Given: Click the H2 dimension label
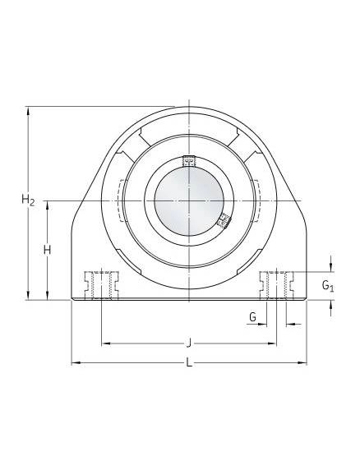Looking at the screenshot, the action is tap(28, 200).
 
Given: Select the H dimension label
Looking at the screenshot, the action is tap(47, 250).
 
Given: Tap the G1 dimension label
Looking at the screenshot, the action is tap(328, 286).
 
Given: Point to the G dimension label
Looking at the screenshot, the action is tap(252, 316).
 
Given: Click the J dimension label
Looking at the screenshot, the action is tap(188, 343).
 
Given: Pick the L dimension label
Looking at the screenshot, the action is tap(189, 363).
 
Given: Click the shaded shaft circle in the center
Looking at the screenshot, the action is tap(189, 200).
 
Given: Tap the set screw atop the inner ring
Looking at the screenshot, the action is tap(189, 161).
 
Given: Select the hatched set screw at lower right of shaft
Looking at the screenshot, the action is tap(224, 222).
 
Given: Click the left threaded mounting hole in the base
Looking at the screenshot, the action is tap(101, 285).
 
